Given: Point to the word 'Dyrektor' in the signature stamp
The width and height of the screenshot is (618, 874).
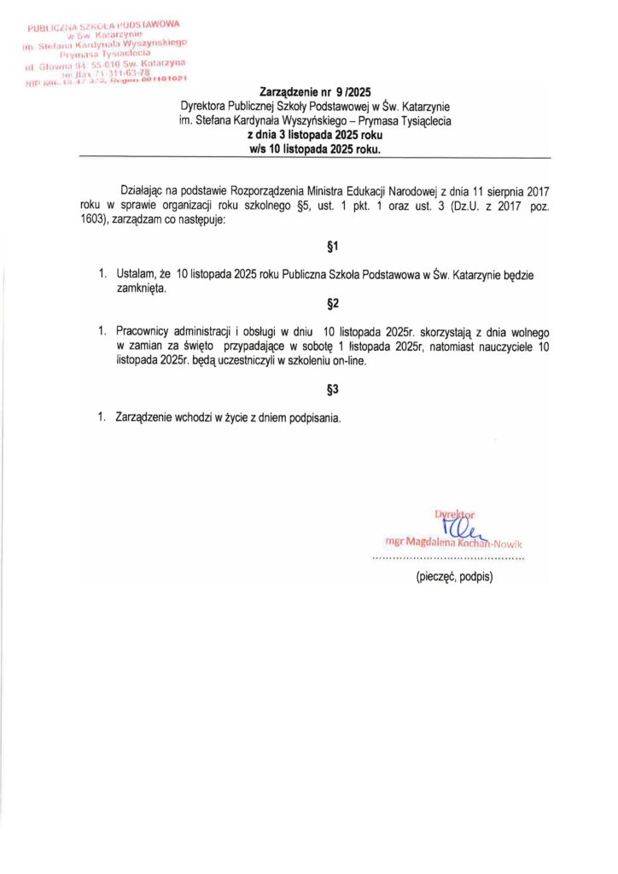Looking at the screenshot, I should (454, 514).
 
